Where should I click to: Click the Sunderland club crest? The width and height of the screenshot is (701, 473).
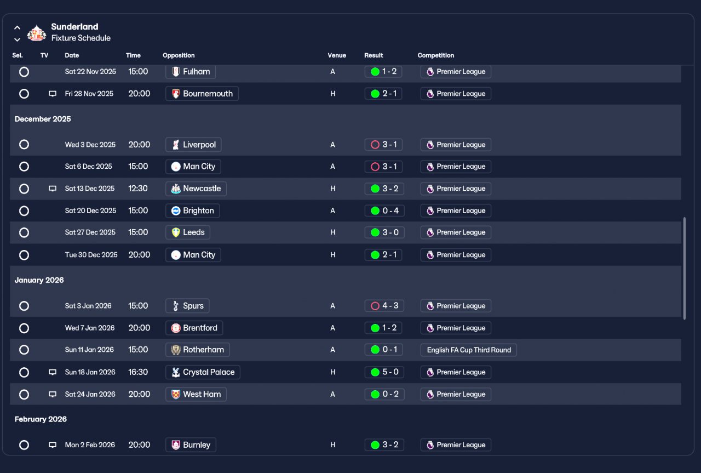click(37, 33)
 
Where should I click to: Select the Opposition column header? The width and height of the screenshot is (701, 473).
click(179, 55)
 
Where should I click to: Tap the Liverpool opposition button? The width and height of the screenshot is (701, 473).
click(193, 145)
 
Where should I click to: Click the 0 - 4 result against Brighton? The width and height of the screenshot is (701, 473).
click(384, 210)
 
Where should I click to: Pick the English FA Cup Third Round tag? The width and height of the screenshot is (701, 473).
click(468, 350)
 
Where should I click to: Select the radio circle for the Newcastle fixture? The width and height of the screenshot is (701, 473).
click(24, 189)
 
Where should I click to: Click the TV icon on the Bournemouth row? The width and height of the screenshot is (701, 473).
click(53, 94)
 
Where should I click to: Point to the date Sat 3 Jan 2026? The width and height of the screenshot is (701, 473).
click(88, 306)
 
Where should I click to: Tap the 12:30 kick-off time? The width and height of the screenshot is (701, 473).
click(138, 189)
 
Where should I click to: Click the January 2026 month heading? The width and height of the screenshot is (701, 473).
click(39, 280)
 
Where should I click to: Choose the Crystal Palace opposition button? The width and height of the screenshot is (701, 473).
click(203, 372)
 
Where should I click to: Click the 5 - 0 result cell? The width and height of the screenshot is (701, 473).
click(384, 372)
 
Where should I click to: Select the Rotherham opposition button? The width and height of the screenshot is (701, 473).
click(198, 350)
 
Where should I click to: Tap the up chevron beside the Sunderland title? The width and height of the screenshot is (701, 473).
click(17, 27)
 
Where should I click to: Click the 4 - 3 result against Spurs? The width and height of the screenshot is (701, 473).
click(384, 306)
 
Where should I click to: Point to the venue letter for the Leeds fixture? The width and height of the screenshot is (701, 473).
click(332, 232)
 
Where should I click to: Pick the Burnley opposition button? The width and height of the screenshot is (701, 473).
click(191, 445)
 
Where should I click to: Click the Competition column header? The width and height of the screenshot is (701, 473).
click(435, 55)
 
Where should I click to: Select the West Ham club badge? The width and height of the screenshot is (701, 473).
click(176, 394)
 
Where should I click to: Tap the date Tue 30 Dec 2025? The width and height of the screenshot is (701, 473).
click(91, 255)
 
